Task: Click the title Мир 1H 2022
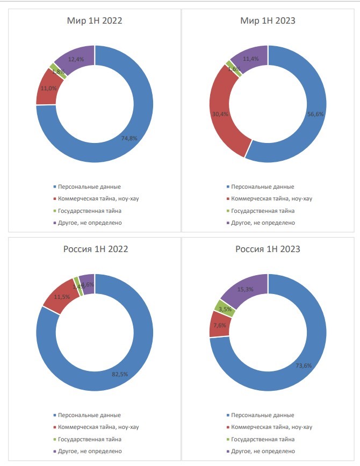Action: pos(95,21)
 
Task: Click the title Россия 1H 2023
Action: pos(268,249)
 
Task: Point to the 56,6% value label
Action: pos(312,114)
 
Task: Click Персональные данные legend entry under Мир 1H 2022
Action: pos(89,187)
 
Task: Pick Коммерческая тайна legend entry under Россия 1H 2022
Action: pos(98,427)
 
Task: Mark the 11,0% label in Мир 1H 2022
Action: pos(49,88)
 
